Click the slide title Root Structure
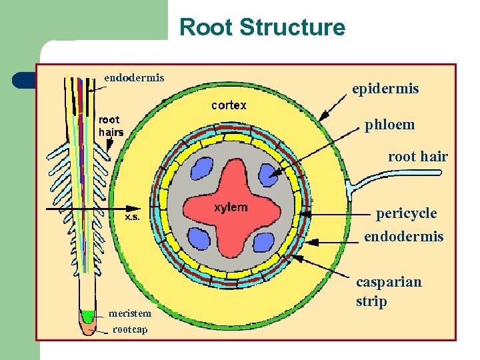[263, 28]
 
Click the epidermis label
[385, 89]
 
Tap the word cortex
[229, 105]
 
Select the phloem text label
[389, 125]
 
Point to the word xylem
[231, 207]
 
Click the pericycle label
[406, 213]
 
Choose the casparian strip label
[388, 291]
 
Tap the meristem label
[130, 313]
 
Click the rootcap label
[130, 329]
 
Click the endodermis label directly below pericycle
[403, 237]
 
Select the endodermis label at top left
[134, 77]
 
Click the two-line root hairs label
[111, 126]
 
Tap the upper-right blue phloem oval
[268, 175]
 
